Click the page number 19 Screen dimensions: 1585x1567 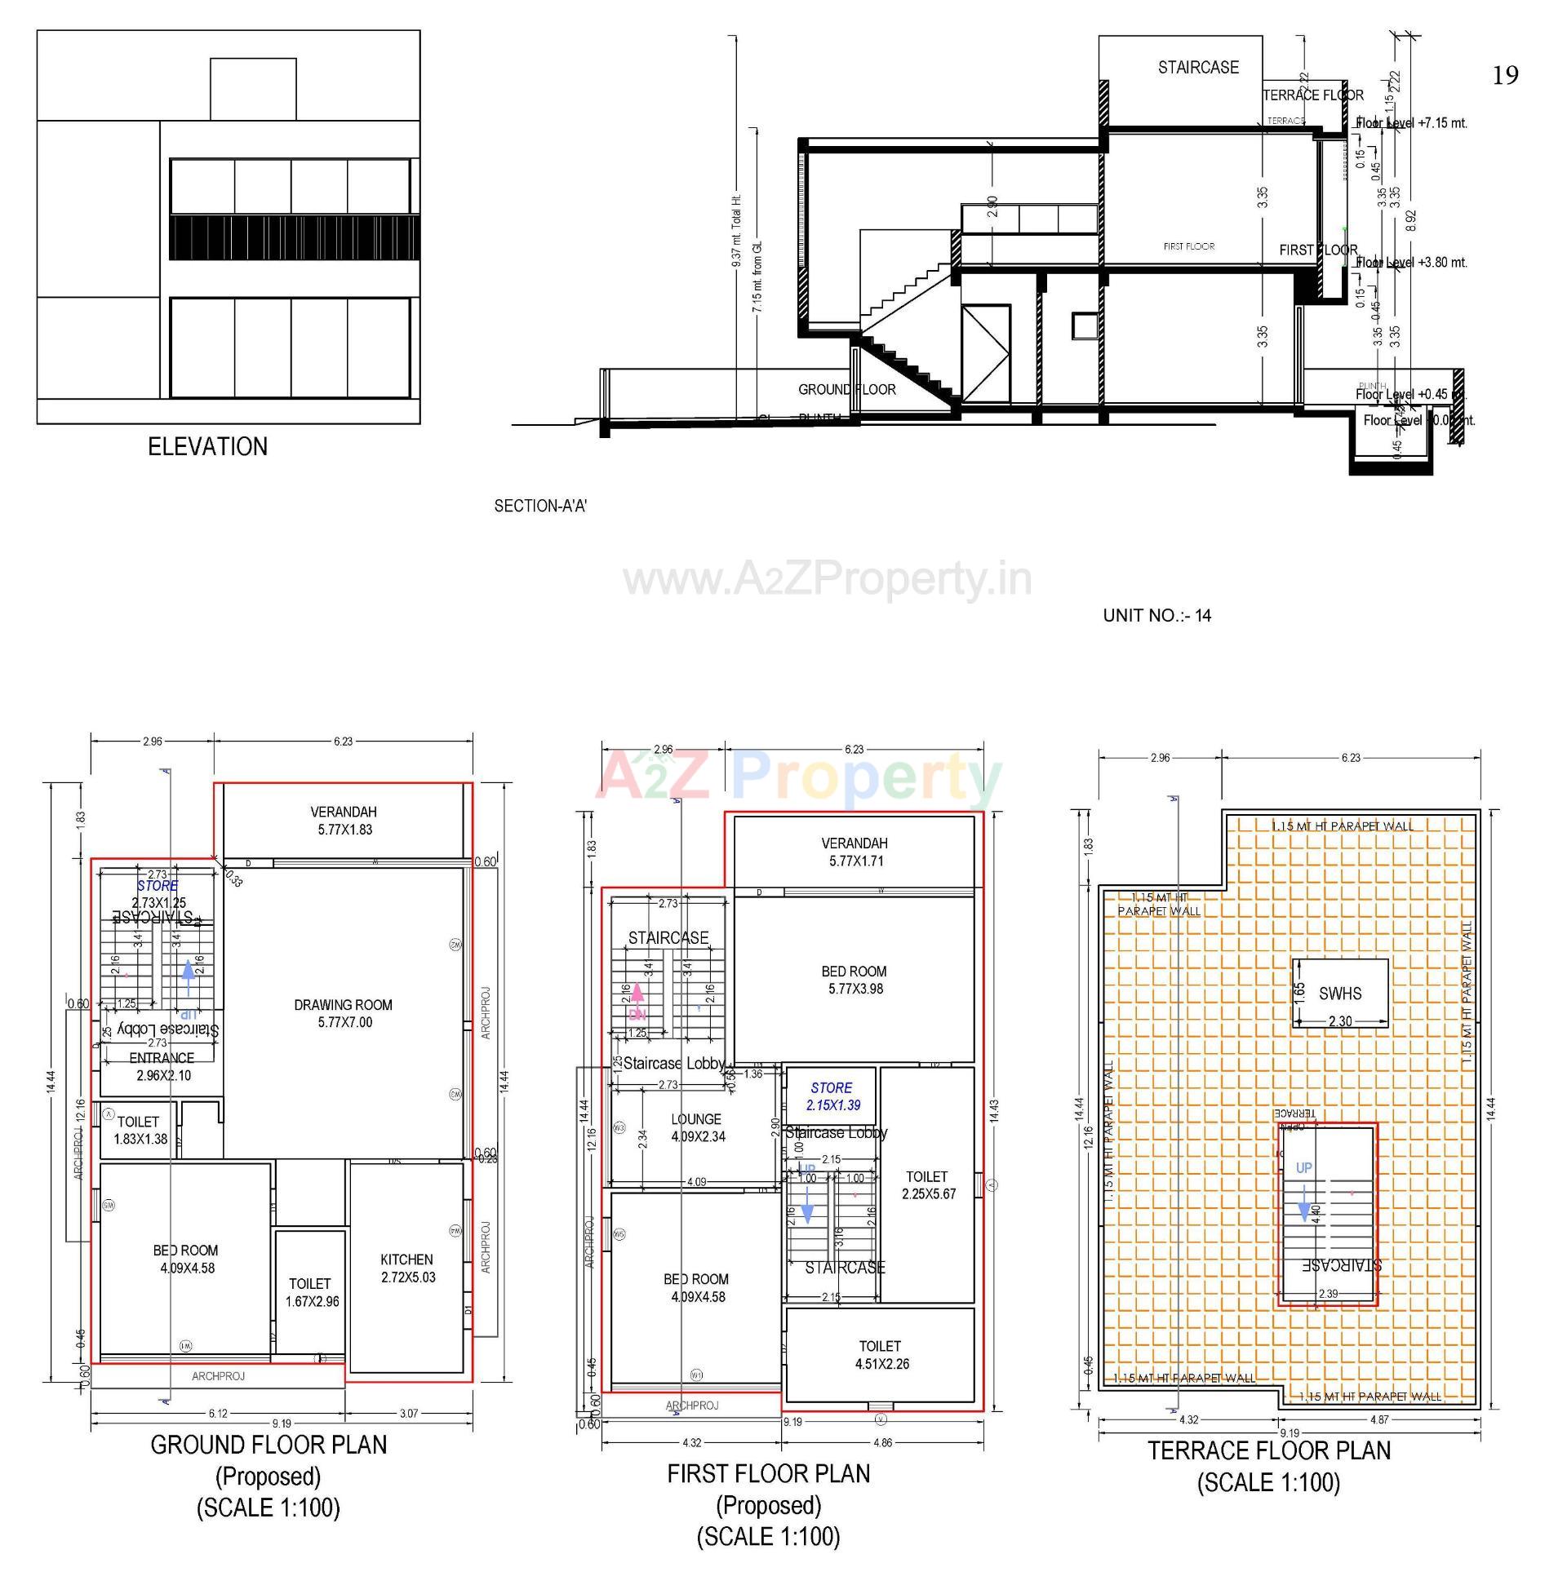(1505, 76)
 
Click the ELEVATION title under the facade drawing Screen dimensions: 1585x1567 (206, 446)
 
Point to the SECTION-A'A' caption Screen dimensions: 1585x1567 (539, 506)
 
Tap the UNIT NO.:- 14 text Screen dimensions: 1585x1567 (1156, 615)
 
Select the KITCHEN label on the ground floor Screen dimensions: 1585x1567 (406, 1259)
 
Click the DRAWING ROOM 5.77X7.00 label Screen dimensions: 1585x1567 (343, 1013)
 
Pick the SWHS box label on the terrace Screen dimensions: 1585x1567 (1339, 994)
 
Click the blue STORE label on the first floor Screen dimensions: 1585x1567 (831, 1088)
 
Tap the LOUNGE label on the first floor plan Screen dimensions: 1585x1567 (696, 1119)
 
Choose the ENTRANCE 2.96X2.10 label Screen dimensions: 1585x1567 (162, 1066)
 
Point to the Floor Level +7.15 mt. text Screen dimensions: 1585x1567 (1410, 123)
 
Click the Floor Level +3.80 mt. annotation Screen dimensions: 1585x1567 (1410, 263)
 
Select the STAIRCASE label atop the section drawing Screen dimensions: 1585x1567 (1197, 67)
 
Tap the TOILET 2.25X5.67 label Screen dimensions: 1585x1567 (928, 1184)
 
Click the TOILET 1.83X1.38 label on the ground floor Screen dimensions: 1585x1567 (140, 1130)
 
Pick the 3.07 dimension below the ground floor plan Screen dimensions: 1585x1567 (408, 1413)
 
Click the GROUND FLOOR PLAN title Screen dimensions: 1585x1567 (269, 1445)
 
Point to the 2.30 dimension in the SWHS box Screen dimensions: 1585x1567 (1339, 1021)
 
